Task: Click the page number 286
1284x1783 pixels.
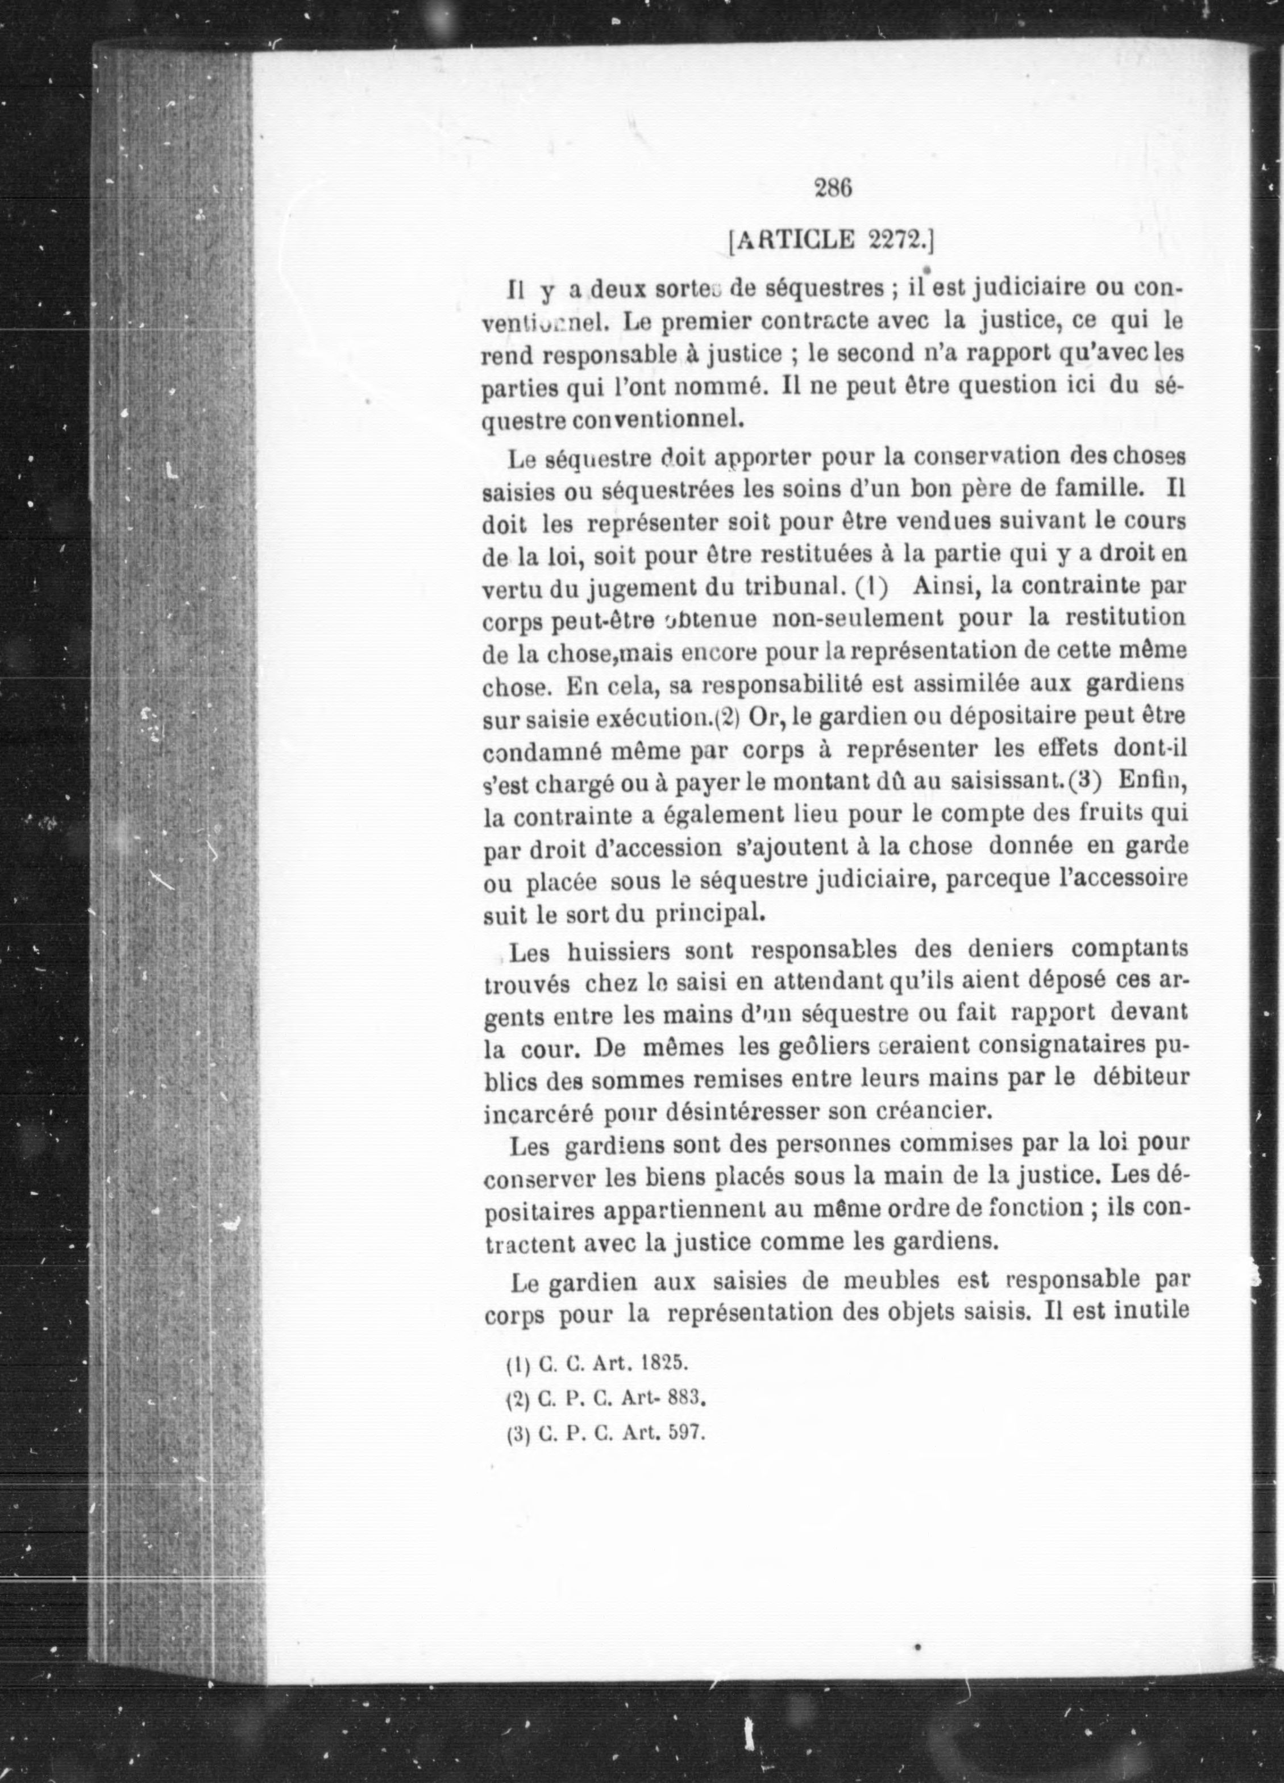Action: [x=834, y=188]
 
